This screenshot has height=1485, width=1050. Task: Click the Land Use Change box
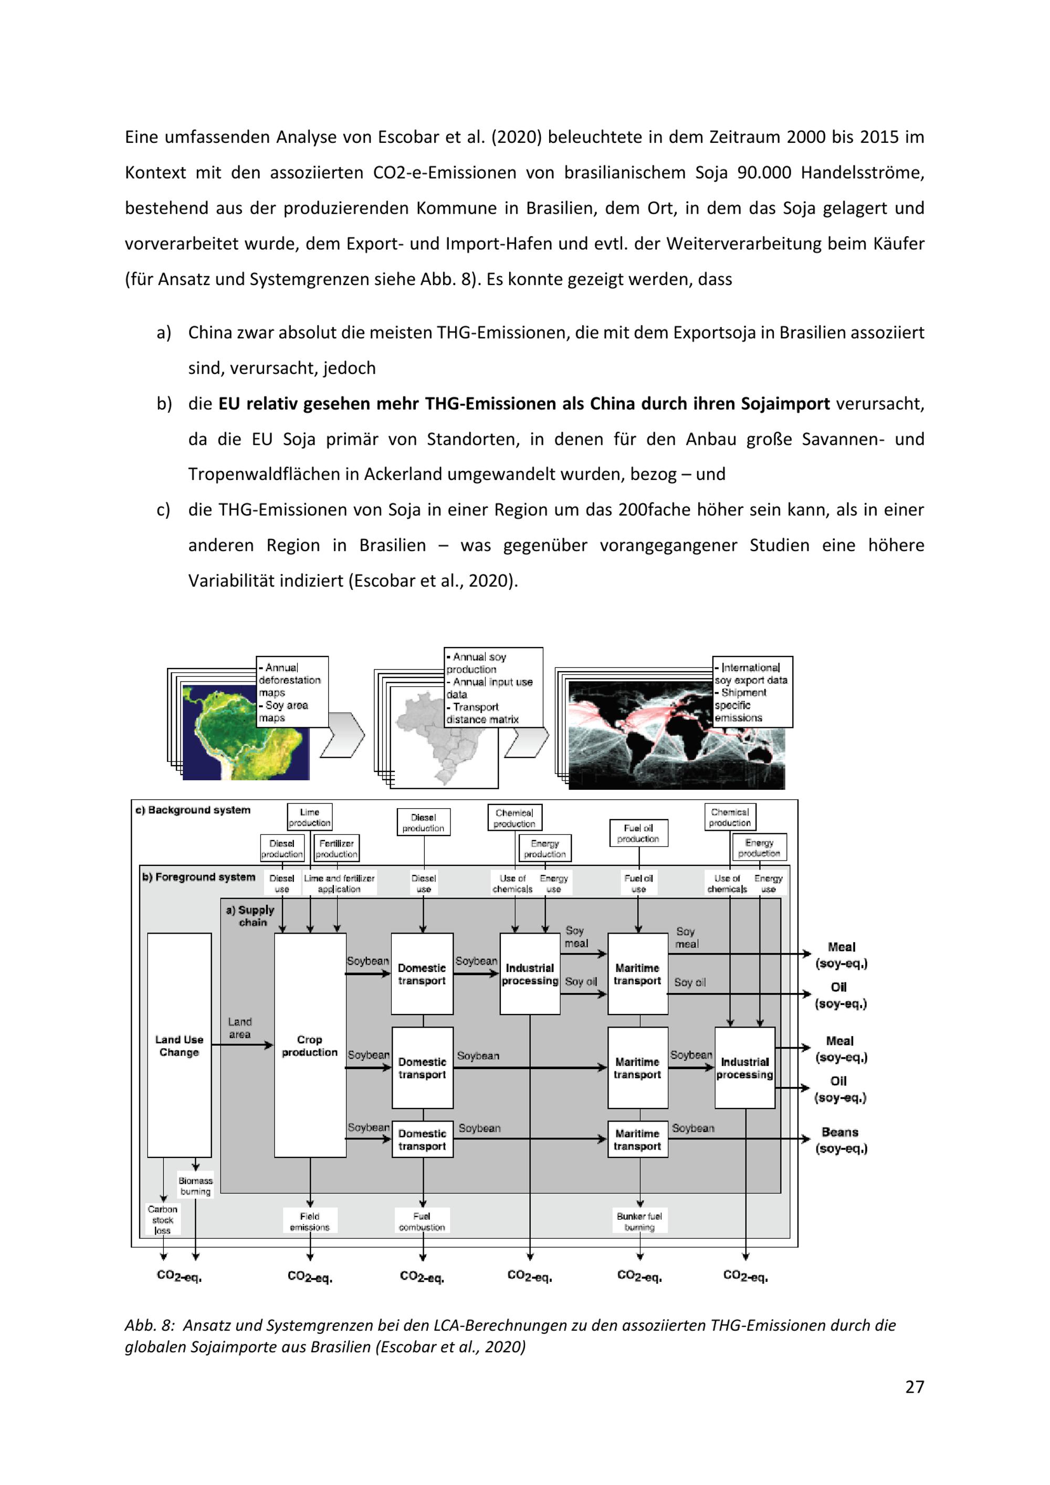[x=179, y=1044]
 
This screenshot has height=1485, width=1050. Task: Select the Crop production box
[x=310, y=1044]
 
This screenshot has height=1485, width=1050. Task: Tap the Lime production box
[x=310, y=817]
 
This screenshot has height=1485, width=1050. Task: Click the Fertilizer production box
[x=336, y=849]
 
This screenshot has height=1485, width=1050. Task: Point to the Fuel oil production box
[x=638, y=833]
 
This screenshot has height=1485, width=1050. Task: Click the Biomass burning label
[x=195, y=1186]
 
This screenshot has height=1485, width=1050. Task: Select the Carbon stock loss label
[x=162, y=1220]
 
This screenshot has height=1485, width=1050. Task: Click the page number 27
[x=914, y=1386]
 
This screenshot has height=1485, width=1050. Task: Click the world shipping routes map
[x=676, y=735]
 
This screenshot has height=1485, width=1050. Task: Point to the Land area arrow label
[x=240, y=1028]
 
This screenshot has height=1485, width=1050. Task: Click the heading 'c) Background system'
[x=193, y=810]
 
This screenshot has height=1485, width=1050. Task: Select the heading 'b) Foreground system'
[x=198, y=877]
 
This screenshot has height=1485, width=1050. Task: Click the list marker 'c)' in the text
[x=164, y=510]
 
